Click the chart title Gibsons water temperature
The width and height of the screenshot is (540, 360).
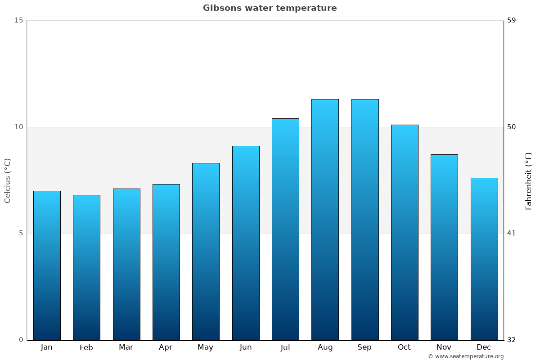[270, 8]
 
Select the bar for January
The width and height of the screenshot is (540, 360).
[47, 265]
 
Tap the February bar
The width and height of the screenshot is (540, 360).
[86, 267]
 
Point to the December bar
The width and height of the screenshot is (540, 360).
[484, 259]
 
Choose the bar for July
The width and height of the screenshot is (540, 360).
[285, 229]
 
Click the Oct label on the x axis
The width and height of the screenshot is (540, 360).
[404, 347]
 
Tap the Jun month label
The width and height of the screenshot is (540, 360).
[246, 347]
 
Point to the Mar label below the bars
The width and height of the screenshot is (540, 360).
[126, 347]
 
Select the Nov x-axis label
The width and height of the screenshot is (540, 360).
[444, 347]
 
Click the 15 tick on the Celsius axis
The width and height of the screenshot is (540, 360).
[18, 20]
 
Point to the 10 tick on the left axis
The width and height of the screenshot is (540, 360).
[18, 127]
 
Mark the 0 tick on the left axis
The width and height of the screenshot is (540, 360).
[21, 340]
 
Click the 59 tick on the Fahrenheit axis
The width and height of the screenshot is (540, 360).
[511, 20]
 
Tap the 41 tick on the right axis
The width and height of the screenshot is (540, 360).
[511, 233]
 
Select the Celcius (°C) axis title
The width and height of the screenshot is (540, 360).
[7, 180]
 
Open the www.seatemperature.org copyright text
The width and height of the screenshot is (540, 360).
[466, 356]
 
